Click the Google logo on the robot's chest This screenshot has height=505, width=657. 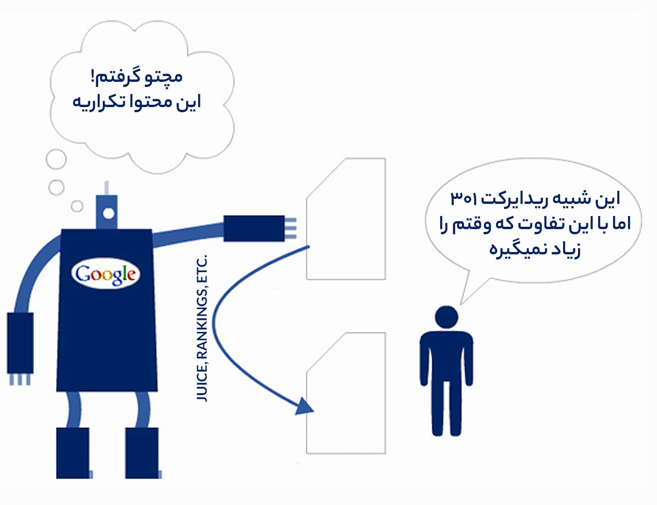coord(106,274)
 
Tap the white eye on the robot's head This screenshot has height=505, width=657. coord(108,214)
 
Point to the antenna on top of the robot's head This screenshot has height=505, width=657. coord(107,188)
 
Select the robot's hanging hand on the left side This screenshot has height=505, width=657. coord(20,348)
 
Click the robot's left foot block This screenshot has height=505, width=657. coord(73,453)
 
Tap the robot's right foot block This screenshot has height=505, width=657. coord(142,453)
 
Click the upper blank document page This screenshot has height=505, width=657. coord(346,219)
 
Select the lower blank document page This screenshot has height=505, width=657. coord(346,393)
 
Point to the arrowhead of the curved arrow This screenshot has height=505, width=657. coord(305,406)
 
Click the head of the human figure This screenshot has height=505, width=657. coord(447,317)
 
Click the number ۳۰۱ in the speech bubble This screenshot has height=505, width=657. coord(463,199)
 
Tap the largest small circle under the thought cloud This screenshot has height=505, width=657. coord(56,159)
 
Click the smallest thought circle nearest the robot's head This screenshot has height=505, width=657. coord(77,206)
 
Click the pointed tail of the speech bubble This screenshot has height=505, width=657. coord(461,304)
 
